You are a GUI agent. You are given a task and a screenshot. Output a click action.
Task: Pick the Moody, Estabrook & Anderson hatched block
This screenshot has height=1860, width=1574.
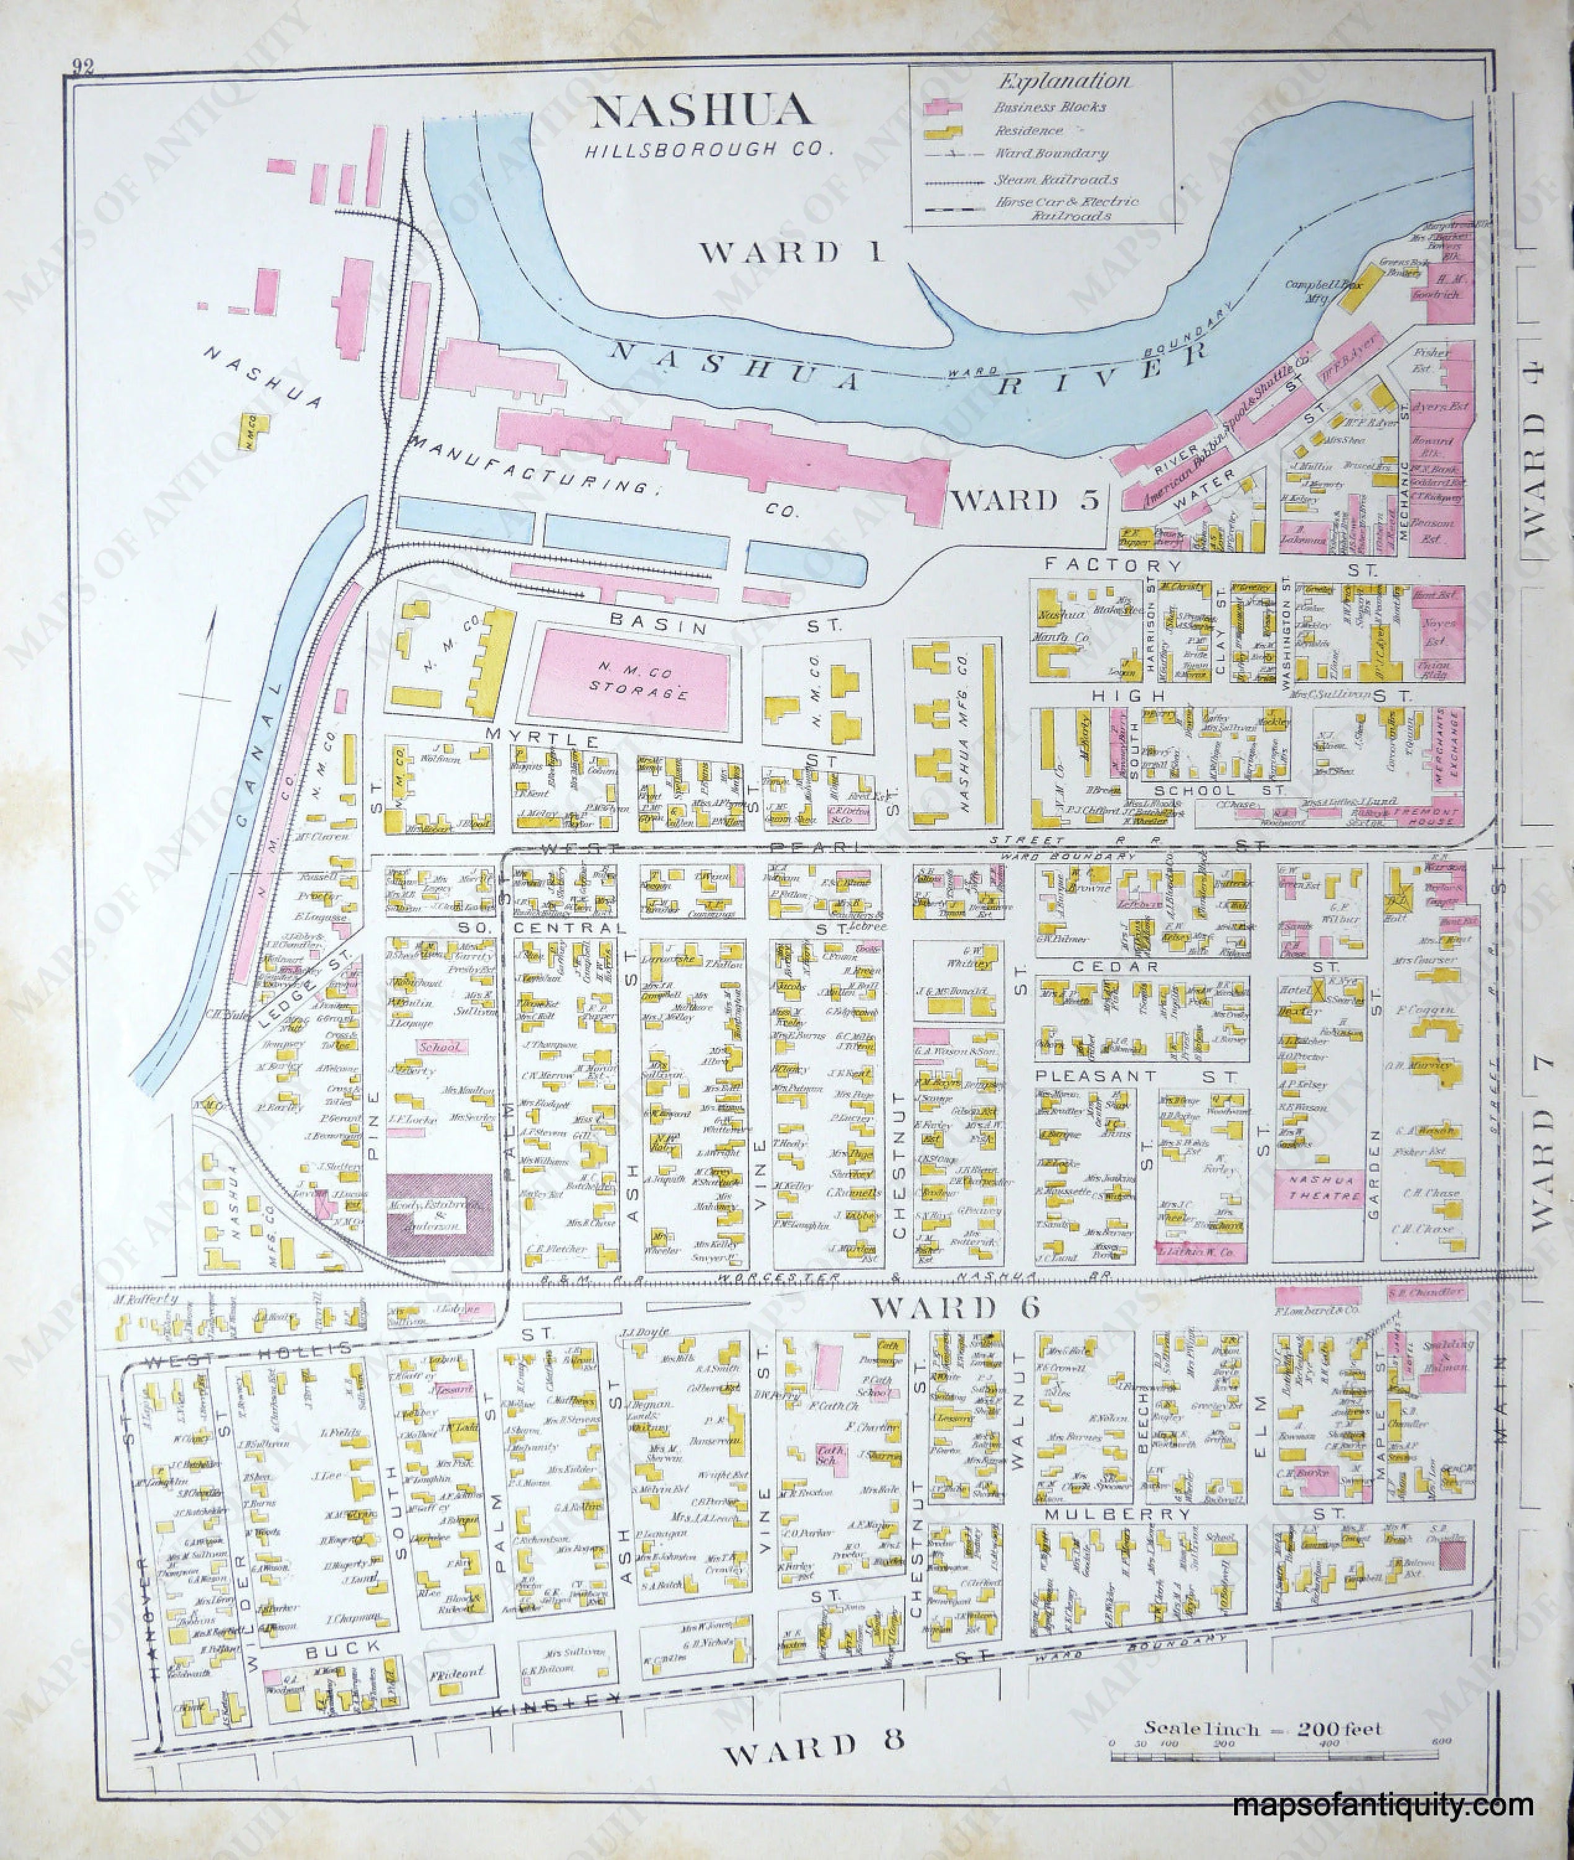439,1217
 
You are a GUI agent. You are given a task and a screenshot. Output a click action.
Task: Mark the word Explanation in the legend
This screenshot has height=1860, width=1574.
1063,82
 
